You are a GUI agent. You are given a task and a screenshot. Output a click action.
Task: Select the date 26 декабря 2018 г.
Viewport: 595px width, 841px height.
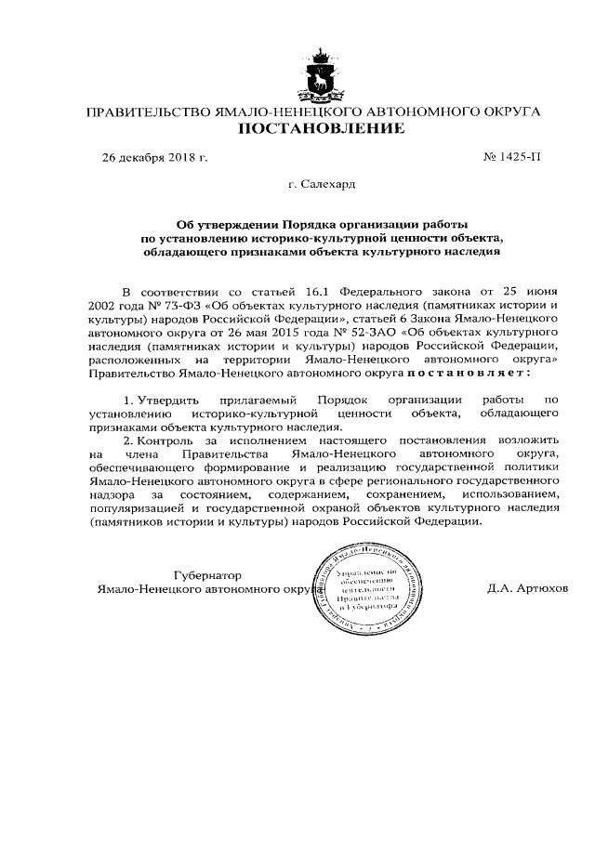tap(154, 158)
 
